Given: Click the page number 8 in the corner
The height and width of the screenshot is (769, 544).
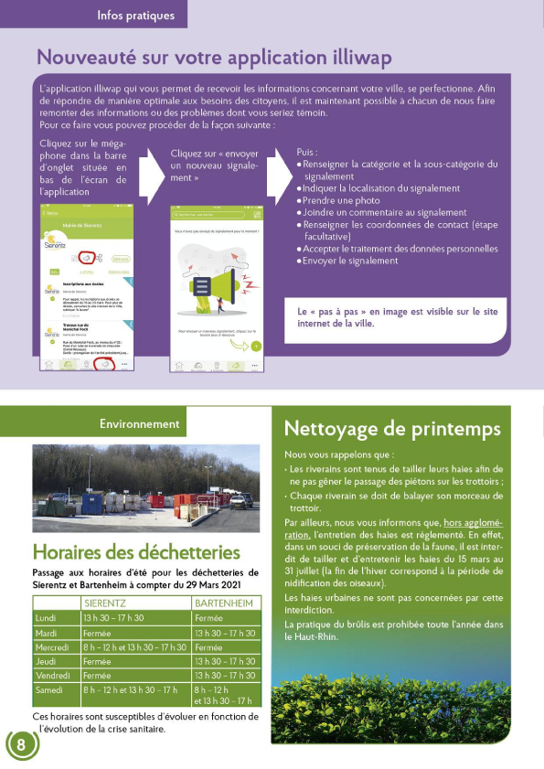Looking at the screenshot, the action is click(20, 744).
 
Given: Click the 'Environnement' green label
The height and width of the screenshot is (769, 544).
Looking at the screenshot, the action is click(139, 423).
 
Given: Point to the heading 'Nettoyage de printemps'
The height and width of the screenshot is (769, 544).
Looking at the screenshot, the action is click(392, 429).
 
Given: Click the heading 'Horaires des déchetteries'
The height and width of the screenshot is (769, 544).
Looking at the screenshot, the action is click(136, 552).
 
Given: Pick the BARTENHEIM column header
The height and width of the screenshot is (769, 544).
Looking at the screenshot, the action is click(225, 604).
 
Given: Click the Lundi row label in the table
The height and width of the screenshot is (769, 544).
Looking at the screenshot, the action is click(45, 618).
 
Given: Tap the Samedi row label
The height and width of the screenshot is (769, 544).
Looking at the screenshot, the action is click(51, 689).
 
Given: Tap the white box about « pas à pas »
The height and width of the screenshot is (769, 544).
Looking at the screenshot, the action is click(399, 316).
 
